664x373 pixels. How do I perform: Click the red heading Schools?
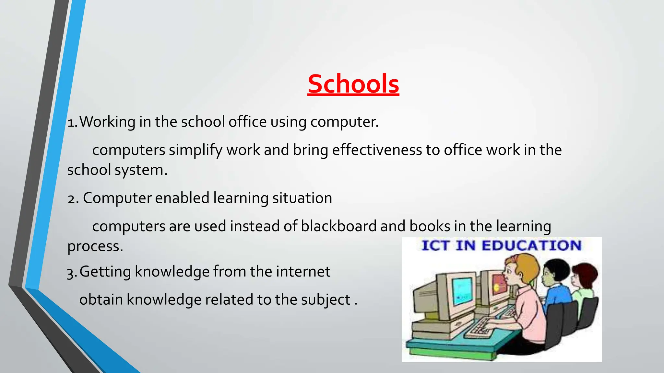tap(353, 84)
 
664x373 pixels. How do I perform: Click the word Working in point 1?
tap(107, 122)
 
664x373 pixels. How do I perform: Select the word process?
tap(95, 246)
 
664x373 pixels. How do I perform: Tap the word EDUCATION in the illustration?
tap(531, 245)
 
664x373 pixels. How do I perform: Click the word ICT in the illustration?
tap(435, 245)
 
